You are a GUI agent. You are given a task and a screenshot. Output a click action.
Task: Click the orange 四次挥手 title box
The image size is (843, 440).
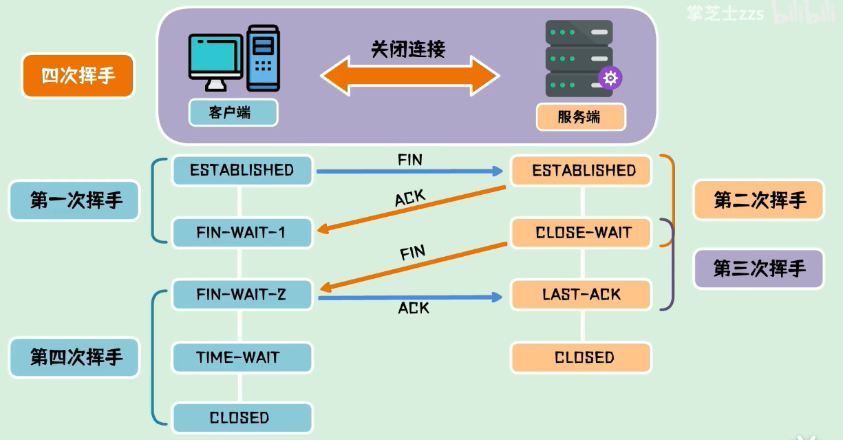click(x=77, y=76)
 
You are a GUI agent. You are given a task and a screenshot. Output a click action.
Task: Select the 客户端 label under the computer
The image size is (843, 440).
click(x=233, y=112)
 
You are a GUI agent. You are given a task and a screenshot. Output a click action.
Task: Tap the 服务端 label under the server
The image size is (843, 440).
click(x=580, y=117)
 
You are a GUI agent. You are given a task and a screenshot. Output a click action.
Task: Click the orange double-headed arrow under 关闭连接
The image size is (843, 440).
click(x=409, y=75)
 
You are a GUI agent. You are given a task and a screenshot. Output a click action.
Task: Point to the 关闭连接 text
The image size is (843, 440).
click(x=409, y=49)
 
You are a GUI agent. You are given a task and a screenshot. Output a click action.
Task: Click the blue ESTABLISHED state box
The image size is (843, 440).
click(x=242, y=170)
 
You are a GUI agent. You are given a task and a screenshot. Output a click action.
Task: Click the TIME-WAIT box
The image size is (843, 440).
click(x=242, y=357)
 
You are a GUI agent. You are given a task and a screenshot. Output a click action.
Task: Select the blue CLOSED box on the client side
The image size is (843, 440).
click(x=242, y=418)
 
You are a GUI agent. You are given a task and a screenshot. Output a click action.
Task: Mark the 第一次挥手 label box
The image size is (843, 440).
click(x=75, y=200)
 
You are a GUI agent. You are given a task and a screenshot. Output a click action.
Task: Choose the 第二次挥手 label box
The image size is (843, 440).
click(x=758, y=200)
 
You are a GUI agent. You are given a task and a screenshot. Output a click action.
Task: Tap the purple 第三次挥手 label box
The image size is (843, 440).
click(x=758, y=268)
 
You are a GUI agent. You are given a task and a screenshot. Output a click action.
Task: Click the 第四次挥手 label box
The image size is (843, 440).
click(x=75, y=357)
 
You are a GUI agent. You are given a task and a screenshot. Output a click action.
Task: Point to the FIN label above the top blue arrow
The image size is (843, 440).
click(x=409, y=160)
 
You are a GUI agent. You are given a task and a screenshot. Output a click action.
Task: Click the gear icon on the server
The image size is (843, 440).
click(x=610, y=78)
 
